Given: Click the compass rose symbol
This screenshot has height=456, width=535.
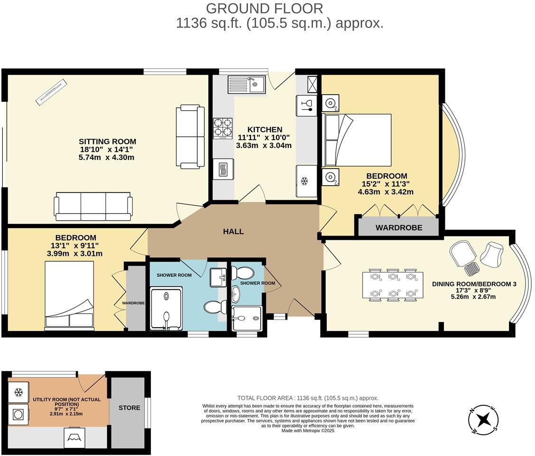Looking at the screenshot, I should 483,419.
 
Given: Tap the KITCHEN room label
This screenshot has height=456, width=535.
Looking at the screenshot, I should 264,129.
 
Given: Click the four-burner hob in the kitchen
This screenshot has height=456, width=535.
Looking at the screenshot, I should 222,128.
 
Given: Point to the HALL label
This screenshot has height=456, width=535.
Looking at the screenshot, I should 233,232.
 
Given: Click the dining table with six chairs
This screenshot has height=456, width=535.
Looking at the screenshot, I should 393,285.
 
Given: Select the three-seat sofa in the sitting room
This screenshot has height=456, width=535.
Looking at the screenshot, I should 93,207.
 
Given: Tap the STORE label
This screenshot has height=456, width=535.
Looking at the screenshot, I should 129,408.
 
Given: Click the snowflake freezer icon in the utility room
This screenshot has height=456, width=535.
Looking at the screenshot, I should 18,392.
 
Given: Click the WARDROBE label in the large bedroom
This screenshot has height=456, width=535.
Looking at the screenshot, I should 398,228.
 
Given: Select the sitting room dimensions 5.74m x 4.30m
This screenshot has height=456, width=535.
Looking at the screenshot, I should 107,157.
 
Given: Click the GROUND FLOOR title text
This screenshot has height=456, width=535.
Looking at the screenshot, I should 265,8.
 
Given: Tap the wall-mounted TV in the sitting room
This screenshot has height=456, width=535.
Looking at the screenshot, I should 52,92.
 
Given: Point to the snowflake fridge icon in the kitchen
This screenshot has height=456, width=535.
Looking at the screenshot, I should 305,181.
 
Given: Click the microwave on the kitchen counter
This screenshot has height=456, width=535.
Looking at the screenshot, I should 222,169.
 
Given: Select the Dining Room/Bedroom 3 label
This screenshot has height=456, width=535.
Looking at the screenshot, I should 474,284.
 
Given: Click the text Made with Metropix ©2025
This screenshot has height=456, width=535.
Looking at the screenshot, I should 308,431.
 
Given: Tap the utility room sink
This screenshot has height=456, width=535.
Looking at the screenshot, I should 74,436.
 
